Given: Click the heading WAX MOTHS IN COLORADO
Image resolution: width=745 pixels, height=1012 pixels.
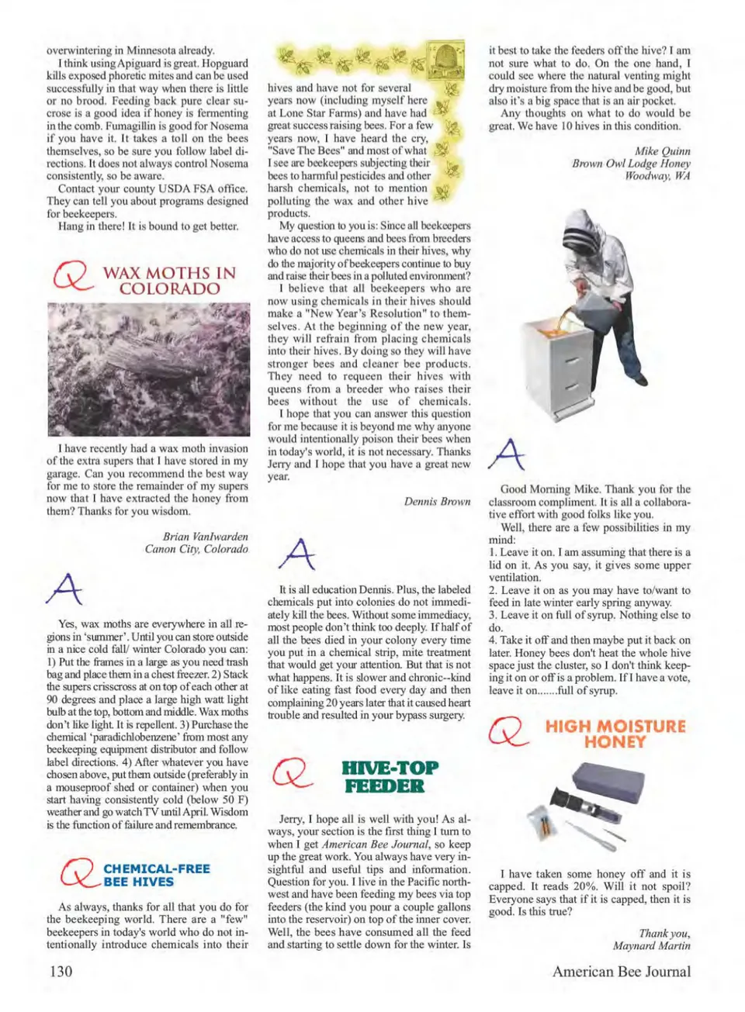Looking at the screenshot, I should (x=169, y=281).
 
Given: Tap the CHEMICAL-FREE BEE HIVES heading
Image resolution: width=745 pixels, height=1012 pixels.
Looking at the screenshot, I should (x=156, y=875).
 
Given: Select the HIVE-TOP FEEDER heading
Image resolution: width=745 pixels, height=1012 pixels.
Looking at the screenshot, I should (x=390, y=776).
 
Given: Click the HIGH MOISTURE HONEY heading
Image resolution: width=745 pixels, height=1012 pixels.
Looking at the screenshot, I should (x=615, y=734).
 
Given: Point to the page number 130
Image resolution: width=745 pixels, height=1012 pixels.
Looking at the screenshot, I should (x=61, y=971).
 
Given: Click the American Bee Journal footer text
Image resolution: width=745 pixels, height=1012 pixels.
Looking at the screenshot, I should (x=621, y=971).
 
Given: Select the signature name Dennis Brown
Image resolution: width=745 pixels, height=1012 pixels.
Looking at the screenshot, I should (x=437, y=502).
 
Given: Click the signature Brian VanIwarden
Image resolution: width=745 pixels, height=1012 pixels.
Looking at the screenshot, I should (x=205, y=536).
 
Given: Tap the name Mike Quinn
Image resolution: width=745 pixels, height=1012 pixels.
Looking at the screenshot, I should (x=662, y=151).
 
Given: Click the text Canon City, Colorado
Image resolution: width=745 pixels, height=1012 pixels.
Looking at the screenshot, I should (x=196, y=549).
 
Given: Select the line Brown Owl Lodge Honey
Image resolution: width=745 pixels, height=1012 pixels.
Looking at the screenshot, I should (x=631, y=164).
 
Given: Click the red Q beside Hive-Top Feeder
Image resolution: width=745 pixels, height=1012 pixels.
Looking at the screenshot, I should (x=292, y=773).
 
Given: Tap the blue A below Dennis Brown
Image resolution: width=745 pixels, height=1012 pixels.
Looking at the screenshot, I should (x=296, y=553).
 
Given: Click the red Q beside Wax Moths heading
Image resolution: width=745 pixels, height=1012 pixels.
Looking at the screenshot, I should (x=71, y=277).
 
